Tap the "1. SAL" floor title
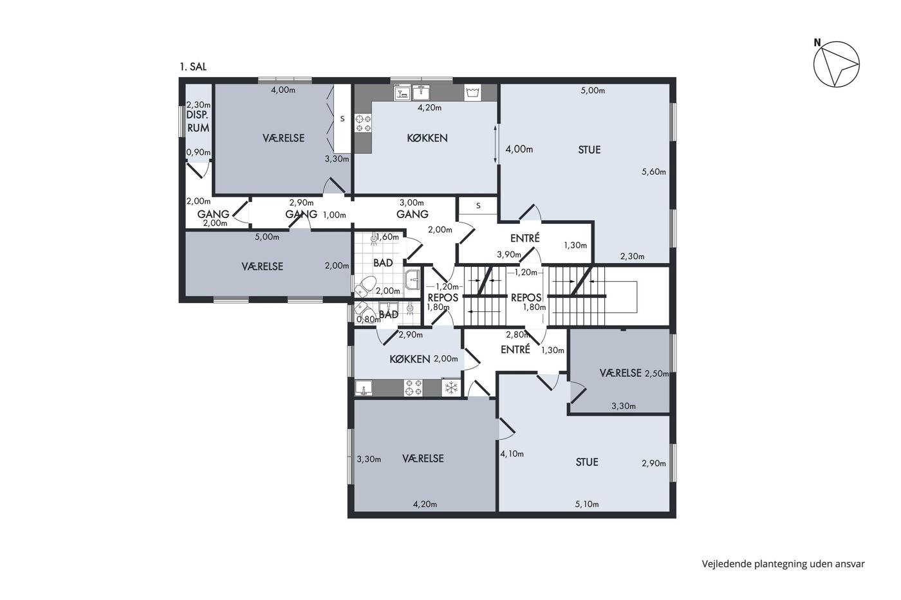pyautogui.click(x=193, y=67)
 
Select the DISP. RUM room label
pyautogui.click(x=198, y=122)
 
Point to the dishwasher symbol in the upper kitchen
pyautogui.click(x=402, y=93)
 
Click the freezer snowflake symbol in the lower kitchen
pyautogui.click(x=451, y=388)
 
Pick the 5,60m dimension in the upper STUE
pyautogui.click(x=654, y=172)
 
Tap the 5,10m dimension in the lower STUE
pyautogui.click(x=587, y=504)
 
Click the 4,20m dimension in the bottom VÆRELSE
pyautogui.click(x=425, y=504)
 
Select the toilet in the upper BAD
pyautogui.click(x=366, y=284)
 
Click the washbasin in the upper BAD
pyautogui.click(x=413, y=280)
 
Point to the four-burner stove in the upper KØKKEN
pyautogui.click(x=363, y=123)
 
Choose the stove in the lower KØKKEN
pyautogui.click(x=413, y=388)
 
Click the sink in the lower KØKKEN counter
pyautogui.click(x=364, y=388)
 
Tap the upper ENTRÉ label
pyautogui.click(x=525, y=239)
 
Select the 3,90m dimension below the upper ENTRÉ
pyautogui.click(x=509, y=255)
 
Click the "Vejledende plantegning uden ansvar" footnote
pyautogui.click(x=783, y=564)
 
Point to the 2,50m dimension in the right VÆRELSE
pyautogui.click(x=657, y=374)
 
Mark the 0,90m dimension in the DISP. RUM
pyautogui.click(x=198, y=152)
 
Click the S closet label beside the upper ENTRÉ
pyautogui.click(x=478, y=206)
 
